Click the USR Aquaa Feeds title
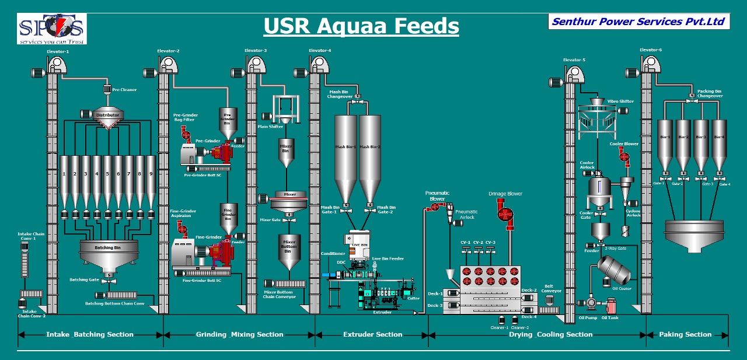click(361, 26)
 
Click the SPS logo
click(51, 29)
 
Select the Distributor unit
click(107, 115)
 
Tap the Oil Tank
click(611, 306)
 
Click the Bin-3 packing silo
click(701, 146)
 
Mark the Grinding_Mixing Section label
click(239, 334)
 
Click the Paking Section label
click(686, 334)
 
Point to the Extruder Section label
click(372, 334)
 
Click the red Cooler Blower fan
click(624, 156)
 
